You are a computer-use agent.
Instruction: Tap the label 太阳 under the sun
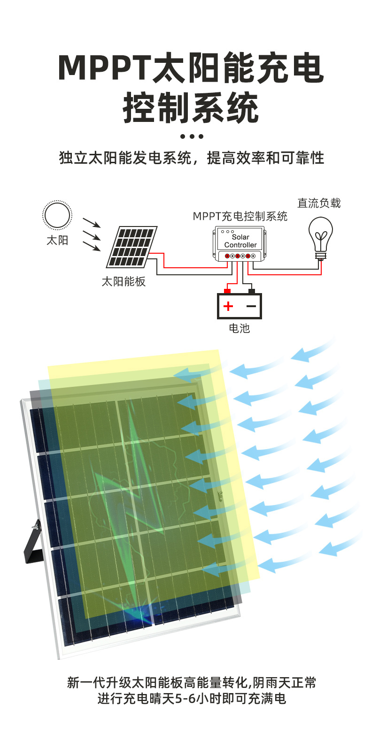[57, 241]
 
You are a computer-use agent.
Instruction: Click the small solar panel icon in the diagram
[132, 247]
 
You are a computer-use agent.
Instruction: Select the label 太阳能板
[124, 281]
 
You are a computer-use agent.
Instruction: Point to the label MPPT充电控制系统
[240, 216]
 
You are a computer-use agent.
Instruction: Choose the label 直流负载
[319, 203]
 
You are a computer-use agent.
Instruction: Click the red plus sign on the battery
[228, 307]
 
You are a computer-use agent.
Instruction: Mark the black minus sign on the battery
[251, 307]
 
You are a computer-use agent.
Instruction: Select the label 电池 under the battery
[239, 328]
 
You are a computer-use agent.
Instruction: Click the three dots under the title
[192, 136]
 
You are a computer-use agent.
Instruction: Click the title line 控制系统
[191, 108]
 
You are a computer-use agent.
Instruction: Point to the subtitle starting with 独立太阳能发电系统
[192, 158]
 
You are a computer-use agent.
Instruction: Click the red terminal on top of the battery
[228, 291]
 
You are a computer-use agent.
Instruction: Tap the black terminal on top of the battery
[251, 291]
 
